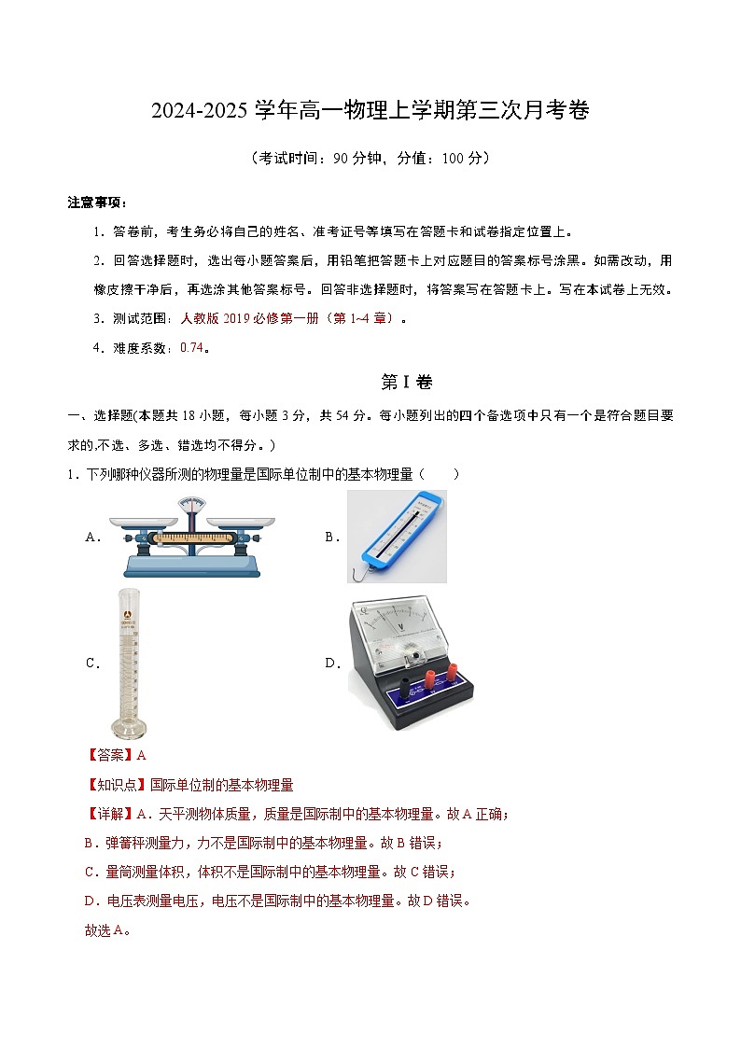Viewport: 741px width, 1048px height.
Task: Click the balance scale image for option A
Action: click(x=193, y=537)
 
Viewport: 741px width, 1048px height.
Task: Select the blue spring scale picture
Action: click(x=397, y=536)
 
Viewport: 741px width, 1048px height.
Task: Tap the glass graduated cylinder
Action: click(x=131, y=664)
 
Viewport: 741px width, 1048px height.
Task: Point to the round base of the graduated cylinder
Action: click(x=130, y=728)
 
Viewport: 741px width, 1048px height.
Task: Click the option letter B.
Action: click(x=329, y=537)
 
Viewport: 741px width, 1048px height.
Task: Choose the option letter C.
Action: click(x=91, y=664)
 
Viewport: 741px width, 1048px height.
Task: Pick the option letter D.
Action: click(x=330, y=664)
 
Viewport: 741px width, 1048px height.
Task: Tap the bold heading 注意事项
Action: click(x=96, y=203)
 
